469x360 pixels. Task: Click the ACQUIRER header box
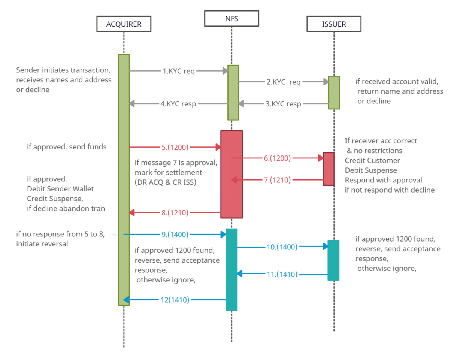tap(124, 24)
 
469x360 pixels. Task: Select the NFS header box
tap(232, 19)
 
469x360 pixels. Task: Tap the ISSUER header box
tap(334, 24)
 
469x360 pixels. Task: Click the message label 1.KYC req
tap(178, 71)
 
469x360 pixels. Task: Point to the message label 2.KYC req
tap(283, 82)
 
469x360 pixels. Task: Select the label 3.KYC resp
tap(283, 104)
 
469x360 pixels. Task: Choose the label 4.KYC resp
tap(178, 104)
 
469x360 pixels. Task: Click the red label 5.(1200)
tap(175, 147)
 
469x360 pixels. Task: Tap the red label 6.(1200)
tap(277, 158)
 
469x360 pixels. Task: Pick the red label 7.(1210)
tap(277, 180)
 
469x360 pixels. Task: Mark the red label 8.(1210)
tap(175, 213)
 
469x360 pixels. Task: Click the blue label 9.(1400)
tap(175, 235)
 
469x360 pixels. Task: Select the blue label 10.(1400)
tap(282, 247)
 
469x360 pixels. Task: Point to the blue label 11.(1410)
tap(282, 274)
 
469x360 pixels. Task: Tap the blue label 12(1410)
tap(175, 300)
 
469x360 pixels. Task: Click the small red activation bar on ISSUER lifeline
tap(329, 169)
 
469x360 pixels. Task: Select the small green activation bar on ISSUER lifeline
tap(334, 93)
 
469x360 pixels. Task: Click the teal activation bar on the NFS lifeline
tap(232, 270)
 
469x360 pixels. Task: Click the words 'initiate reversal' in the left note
tap(42, 244)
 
